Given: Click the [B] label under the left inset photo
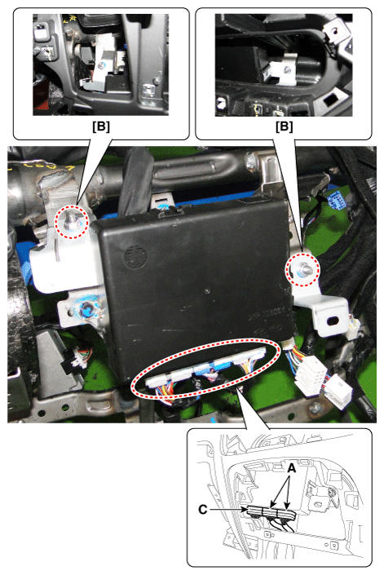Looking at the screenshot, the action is [x=101, y=126].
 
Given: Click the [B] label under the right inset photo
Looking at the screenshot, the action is [x=284, y=126].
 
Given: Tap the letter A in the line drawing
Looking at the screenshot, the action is [x=291, y=468].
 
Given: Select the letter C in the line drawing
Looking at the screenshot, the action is [x=203, y=510].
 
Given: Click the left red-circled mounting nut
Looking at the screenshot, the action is [x=71, y=220].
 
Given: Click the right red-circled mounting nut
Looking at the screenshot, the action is [x=303, y=269].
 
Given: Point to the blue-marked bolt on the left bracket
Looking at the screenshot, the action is [x=87, y=310].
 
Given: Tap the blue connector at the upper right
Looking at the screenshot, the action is [x=336, y=200].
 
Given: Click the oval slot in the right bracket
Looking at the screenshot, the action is [x=333, y=321].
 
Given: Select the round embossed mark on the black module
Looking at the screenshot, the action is [x=133, y=255].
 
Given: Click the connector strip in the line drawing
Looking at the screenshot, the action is [x=271, y=512].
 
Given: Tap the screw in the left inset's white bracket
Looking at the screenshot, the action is [x=100, y=65].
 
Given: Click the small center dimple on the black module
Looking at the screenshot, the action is [x=207, y=291].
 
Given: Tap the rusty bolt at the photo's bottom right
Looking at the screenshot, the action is [x=316, y=407].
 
